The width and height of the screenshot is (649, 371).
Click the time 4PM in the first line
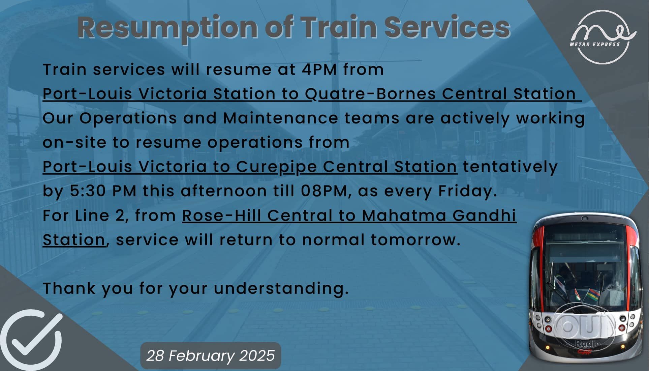(319, 69)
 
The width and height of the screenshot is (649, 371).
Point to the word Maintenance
(280, 118)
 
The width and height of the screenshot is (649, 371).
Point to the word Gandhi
(484, 216)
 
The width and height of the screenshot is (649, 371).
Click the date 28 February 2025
(211, 356)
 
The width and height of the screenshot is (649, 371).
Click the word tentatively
(510, 167)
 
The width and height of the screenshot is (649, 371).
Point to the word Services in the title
(447, 27)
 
